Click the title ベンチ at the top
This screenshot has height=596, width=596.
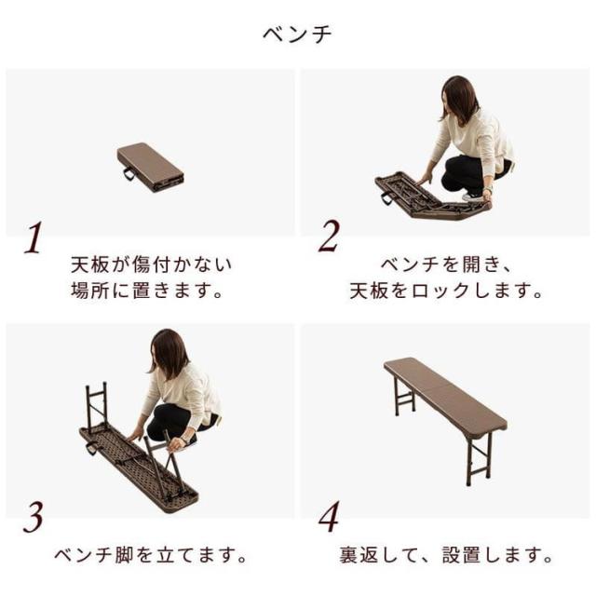pyautogui.click(x=297, y=34)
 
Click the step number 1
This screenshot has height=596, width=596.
pyautogui.click(x=34, y=237)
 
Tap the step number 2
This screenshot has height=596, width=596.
pyautogui.click(x=329, y=237)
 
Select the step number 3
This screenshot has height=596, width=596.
pyautogui.click(x=34, y=517)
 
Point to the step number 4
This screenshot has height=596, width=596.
pyautogui.click(x=329, y=517)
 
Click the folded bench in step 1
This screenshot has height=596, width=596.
pyautogui.click(x=150, y=168)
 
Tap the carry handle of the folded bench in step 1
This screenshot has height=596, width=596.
pyautogui.click(x=129, y=174)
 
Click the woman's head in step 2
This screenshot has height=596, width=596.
pyautogui.click(x=459, y=97)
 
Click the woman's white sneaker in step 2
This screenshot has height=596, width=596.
pyautogui.click(x=472, y=196)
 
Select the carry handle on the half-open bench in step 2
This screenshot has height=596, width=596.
pyautogui.click(x=386, y=198)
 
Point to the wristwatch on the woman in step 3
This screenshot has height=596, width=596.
pyautogui.click(x=184, y=440)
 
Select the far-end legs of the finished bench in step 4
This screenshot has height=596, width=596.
pyautogui.click(x=403, y=397)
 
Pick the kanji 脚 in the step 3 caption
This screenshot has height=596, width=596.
pyautogui.click(x=124, y=556)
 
